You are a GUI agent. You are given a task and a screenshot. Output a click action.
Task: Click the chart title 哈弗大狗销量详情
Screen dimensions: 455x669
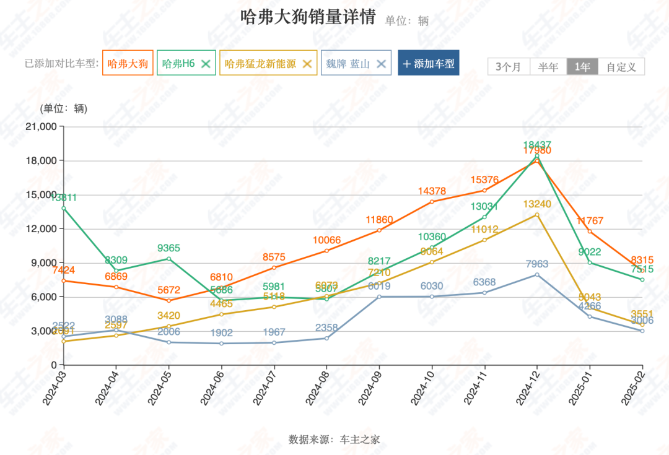tap(308, 17)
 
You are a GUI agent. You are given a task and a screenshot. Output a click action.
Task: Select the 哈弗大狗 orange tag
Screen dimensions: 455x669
tap(128, 63)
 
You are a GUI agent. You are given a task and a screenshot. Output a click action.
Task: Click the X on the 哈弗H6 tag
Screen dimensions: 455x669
tap(206, 63)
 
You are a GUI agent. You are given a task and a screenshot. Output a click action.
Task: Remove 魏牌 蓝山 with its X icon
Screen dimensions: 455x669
tap(382, 63)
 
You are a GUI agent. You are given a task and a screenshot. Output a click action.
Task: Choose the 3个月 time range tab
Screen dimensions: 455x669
tap(509, 67)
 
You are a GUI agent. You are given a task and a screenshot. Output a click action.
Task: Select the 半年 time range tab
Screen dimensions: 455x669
tap(548, 67)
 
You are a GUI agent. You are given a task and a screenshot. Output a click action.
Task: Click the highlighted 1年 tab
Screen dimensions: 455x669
tap(582, 67)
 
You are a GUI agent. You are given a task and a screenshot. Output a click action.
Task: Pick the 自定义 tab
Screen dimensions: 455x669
tap(621, 67)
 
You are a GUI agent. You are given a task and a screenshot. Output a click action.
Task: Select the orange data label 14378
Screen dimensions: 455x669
tap(432, 191)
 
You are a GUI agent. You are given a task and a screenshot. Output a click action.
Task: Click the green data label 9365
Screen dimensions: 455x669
tap(168, 248)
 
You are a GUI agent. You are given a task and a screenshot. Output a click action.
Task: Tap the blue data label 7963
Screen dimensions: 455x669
tap(536, 264)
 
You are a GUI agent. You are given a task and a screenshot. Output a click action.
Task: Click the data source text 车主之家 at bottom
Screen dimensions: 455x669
tap(360, 440)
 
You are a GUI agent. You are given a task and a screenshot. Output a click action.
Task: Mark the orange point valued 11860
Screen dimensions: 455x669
tap(379, 230)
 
